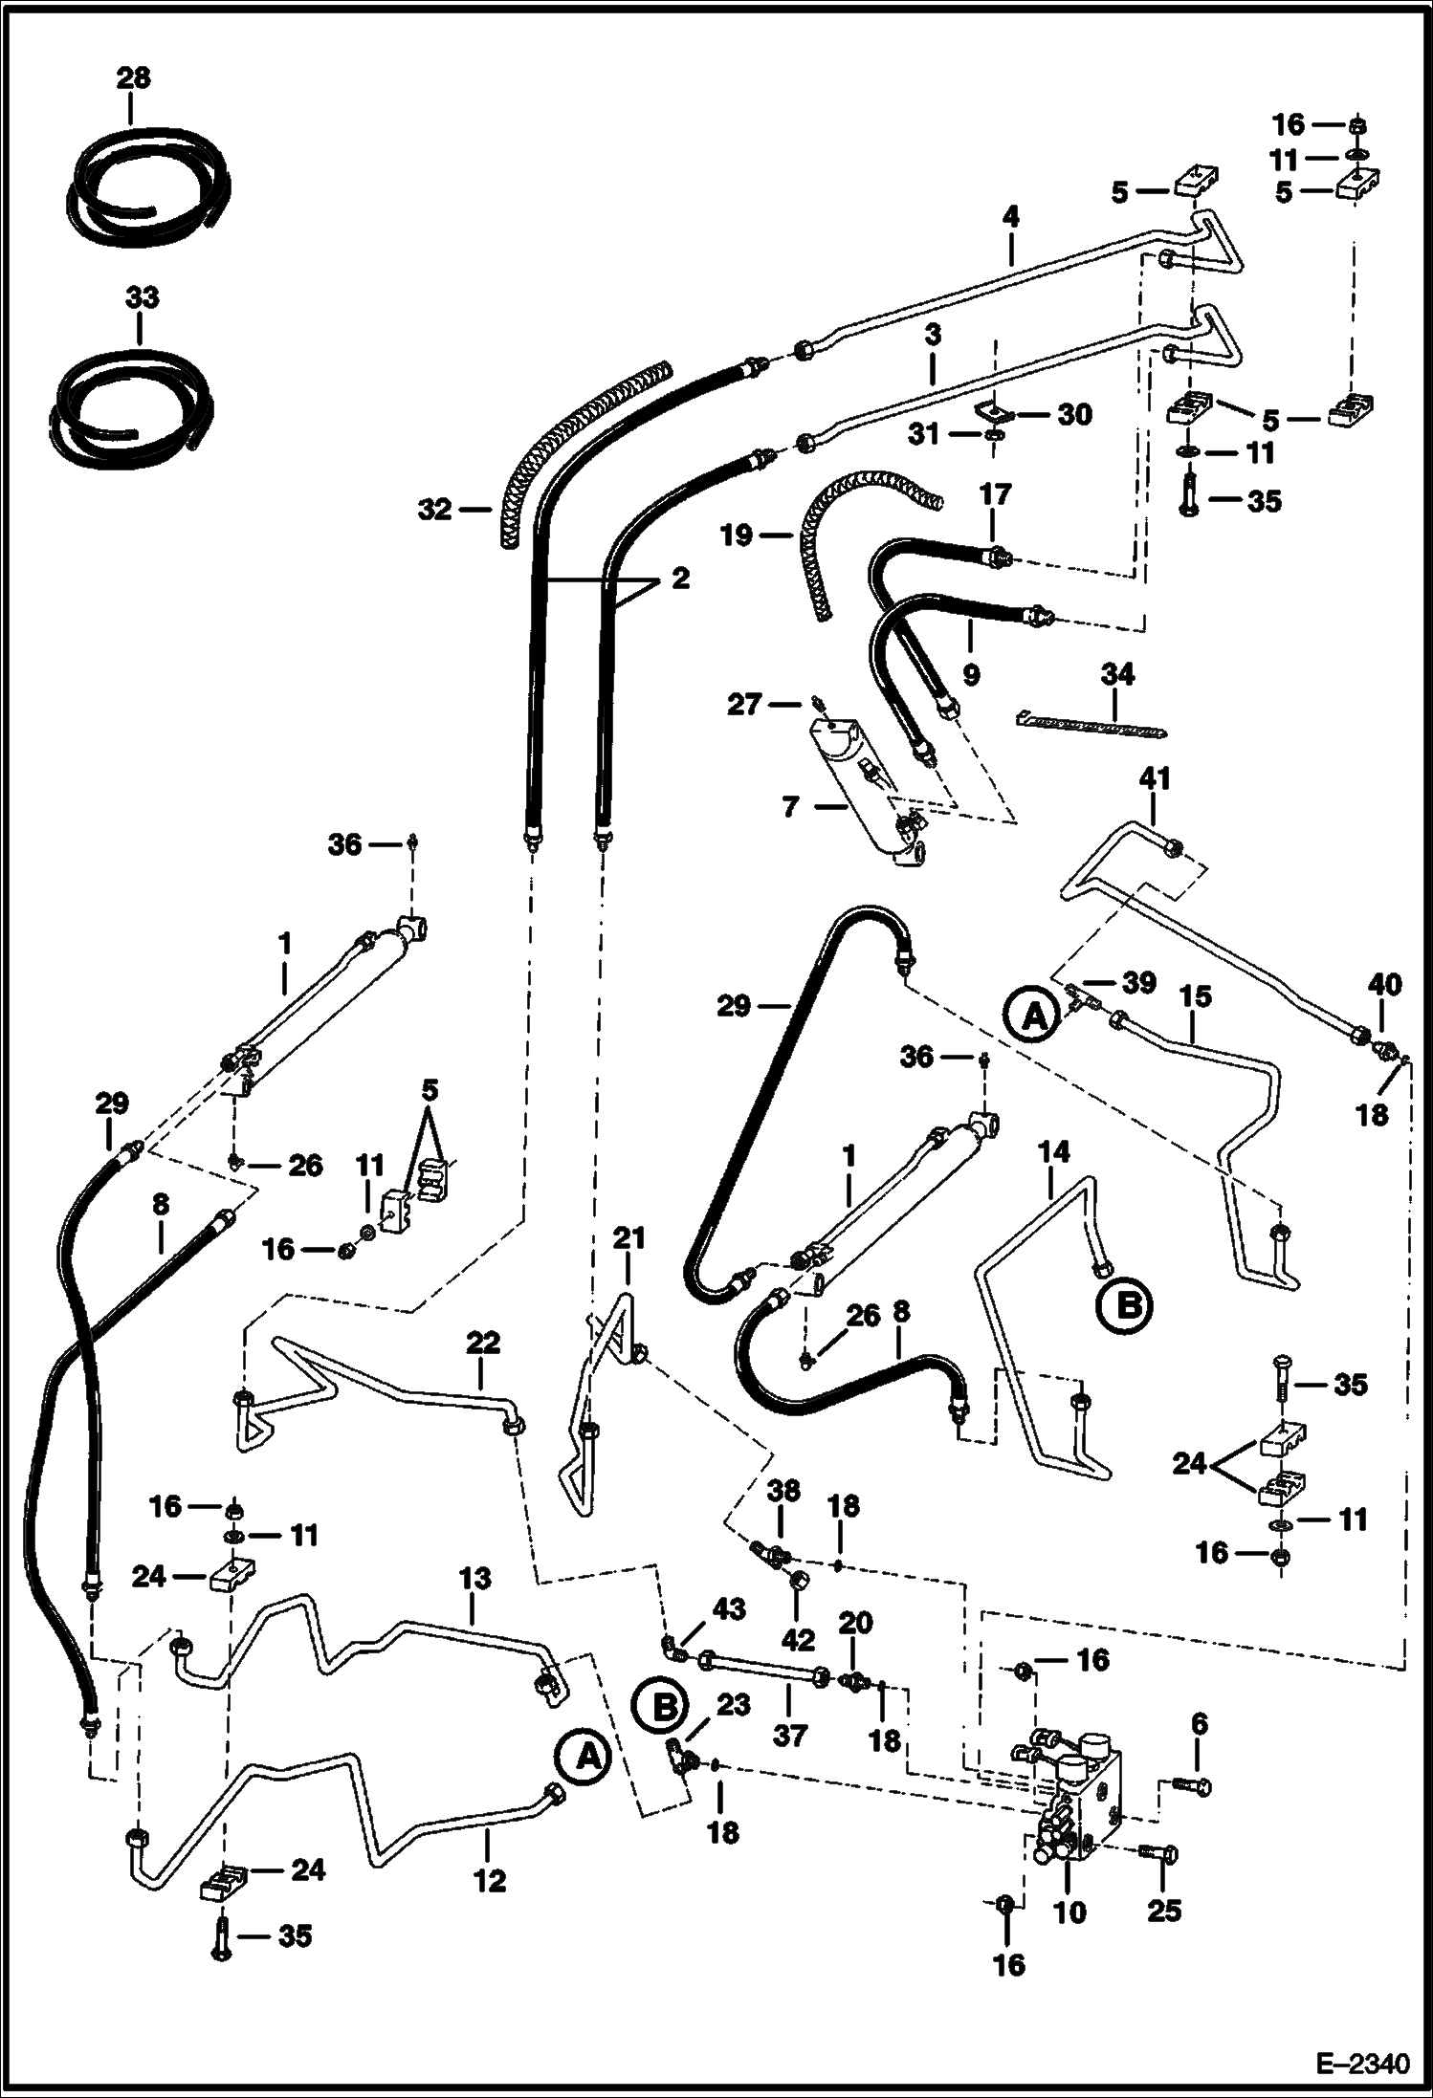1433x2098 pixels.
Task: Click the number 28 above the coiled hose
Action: click(134, 76)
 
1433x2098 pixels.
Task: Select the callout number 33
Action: click(141, 297)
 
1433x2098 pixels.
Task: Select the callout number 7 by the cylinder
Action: click(790, 806)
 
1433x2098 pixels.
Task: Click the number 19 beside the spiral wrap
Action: click(736, 535)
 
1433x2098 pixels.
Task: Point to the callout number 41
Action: click(1155, 778)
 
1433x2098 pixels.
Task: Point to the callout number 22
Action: click(483, 1343)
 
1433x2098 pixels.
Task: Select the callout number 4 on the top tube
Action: click(1011, 217)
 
